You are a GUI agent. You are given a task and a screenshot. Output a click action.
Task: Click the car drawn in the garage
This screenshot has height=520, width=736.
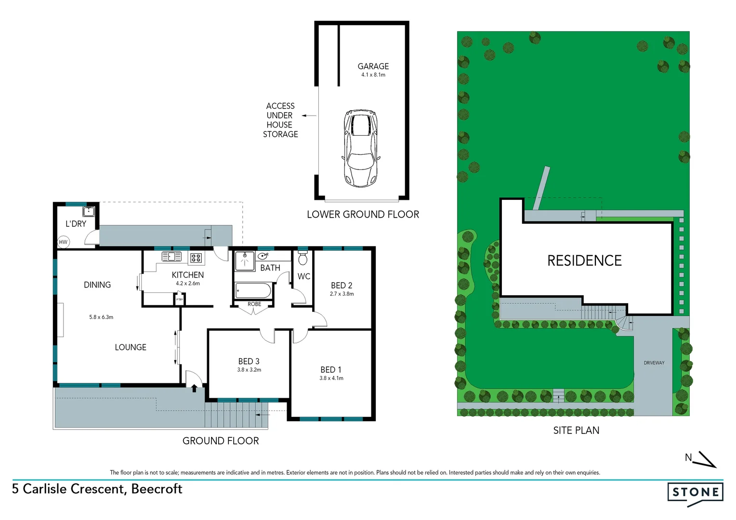click(361, 148)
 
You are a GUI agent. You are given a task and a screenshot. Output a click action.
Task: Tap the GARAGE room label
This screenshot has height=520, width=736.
click(373, 66)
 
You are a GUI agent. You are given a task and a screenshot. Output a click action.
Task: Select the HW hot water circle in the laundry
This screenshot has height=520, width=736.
click(63, 242)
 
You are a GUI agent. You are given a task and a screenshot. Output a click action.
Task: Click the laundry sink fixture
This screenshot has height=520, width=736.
click(89, 211)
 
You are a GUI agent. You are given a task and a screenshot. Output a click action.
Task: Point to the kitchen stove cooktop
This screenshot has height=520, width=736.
click(196, 258)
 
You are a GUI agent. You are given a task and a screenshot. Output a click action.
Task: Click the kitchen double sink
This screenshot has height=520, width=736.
click(171, 257)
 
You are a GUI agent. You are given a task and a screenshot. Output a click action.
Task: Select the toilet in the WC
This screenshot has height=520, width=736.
click(302, 259)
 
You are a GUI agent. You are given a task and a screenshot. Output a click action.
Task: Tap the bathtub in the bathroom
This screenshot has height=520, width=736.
click(253, 291)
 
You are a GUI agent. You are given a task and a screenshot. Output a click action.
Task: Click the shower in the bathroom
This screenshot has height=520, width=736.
click(245, 260)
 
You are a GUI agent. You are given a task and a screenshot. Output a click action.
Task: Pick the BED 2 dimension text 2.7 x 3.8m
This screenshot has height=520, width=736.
click(342, 294)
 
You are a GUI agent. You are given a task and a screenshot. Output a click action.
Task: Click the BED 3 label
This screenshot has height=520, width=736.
click(249, 361)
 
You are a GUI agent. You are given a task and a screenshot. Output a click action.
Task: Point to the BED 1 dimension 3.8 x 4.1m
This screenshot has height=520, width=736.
click(331, 378)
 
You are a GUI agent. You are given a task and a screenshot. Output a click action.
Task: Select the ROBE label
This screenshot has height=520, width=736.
click(254, 304)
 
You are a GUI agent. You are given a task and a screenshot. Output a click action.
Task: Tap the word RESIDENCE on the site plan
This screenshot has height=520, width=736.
click(584, 260)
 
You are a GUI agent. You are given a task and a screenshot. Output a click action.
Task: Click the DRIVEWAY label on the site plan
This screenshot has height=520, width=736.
click(654, 363)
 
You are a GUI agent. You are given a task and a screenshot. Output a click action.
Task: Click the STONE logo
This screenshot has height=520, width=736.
click(695, 492)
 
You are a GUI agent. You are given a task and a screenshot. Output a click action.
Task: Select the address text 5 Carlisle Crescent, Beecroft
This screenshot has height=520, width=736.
click(97, 489)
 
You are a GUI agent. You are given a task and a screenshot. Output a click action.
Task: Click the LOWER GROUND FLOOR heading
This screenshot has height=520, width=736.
click(363, 214)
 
